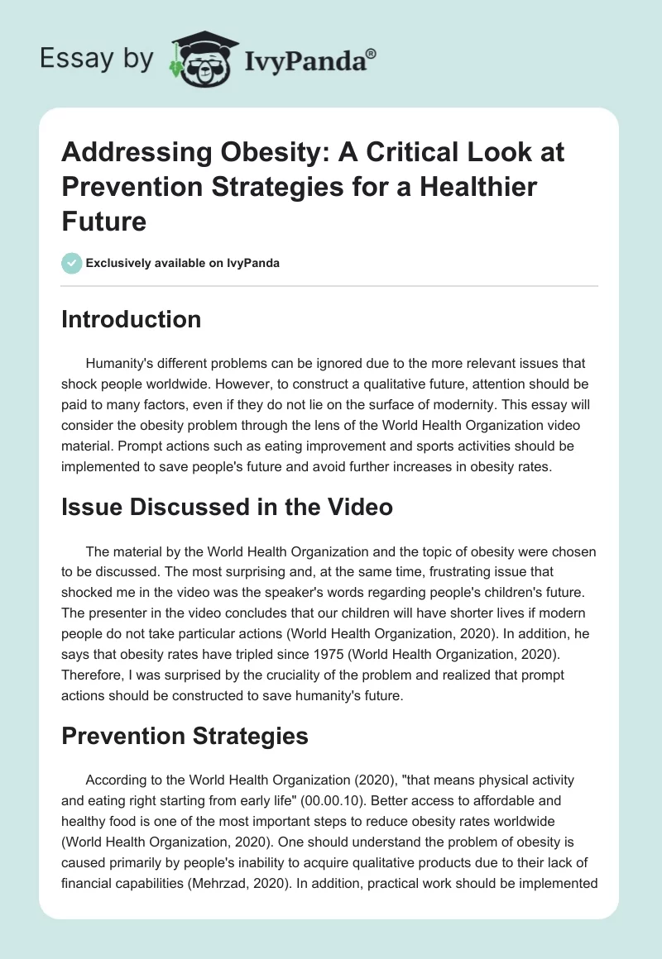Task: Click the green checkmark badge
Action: coord(71,263)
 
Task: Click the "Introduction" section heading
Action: coord(131,319)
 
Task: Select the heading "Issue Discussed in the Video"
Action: coord(227,507)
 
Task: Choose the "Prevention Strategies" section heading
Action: coord(185,736)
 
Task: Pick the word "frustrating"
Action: coord(438,570)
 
